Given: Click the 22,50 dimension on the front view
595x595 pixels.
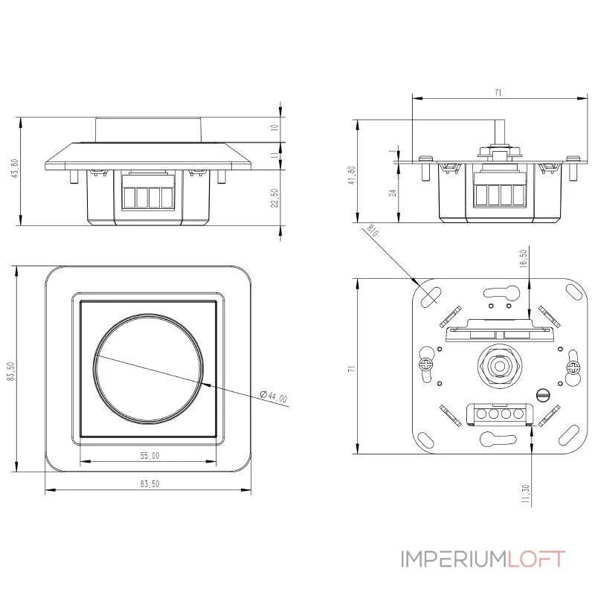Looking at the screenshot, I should tap(274, 199).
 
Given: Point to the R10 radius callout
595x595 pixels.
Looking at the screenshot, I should tap(374, 232).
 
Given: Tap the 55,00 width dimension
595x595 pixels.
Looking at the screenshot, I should tap(149, 455).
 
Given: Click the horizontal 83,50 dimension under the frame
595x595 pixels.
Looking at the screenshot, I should tap(149, 483).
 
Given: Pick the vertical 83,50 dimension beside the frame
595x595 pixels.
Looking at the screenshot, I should tap(10, 371).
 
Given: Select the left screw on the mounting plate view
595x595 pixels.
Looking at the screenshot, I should tap(426, 364).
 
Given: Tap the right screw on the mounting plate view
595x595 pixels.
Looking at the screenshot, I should tap(572, 367).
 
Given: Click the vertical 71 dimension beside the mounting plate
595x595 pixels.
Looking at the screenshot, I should tap(351, 367).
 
